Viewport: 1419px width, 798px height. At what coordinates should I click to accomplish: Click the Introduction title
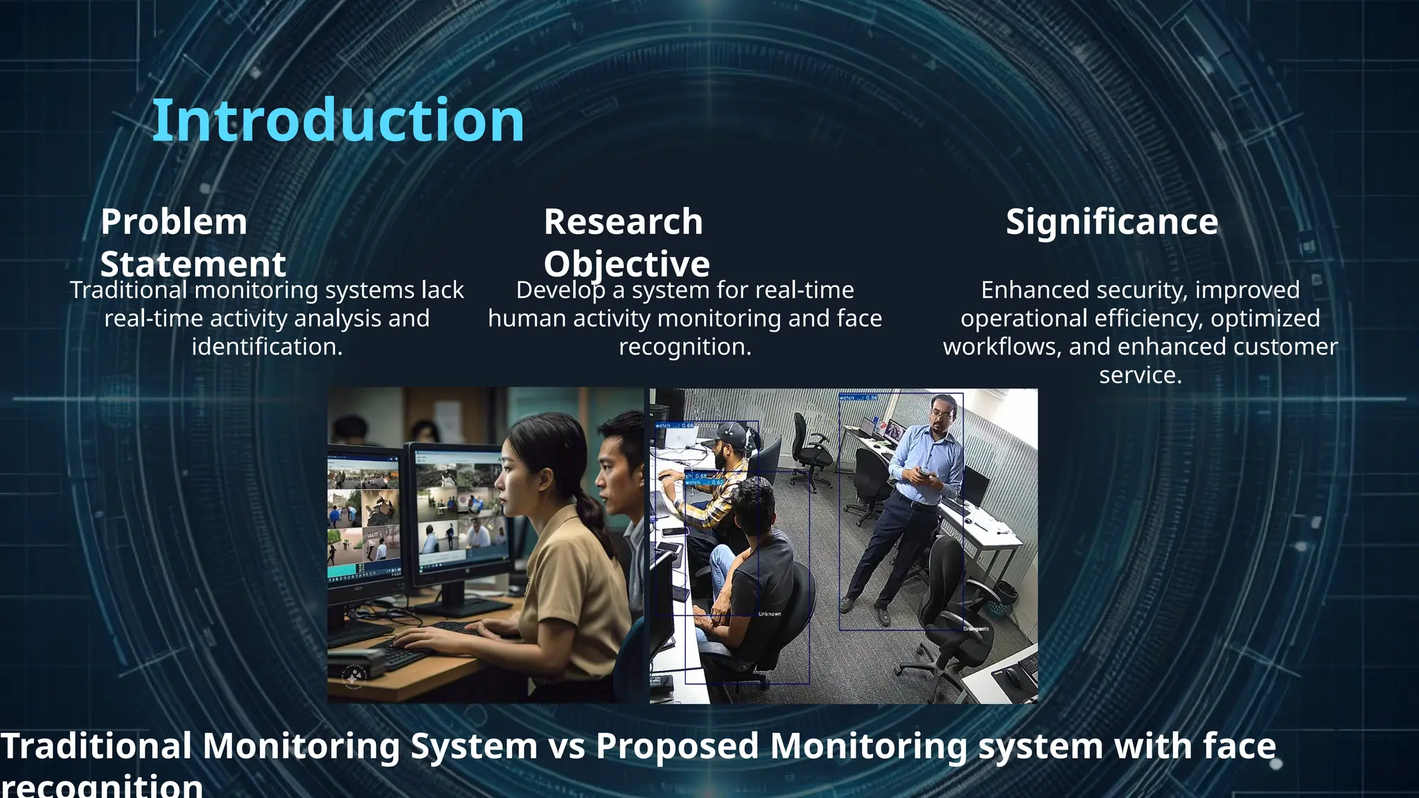(x=337, y=121)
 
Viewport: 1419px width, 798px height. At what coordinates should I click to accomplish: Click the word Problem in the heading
(x=173, y=222)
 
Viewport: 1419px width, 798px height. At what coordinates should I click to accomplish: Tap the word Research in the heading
(x=623, y=222)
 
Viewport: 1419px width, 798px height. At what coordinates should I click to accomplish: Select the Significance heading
(x=1111, y=222)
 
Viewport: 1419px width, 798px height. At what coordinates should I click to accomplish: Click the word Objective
(x=626, y=265)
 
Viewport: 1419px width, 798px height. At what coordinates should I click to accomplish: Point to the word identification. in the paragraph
(x=267, y=347)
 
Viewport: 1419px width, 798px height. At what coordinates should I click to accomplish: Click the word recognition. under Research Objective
(x=685, y=347)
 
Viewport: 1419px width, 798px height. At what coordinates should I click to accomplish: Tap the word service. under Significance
(x=1140, y=375)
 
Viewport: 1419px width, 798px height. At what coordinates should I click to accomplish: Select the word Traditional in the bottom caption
(x=96, y=747)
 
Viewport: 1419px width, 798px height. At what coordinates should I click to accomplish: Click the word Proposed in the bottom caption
(x=676, y=747)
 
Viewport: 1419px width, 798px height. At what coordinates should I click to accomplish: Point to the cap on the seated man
(x=732, y=434)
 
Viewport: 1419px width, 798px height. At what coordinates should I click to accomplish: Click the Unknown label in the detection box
(x=769, y=614)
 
